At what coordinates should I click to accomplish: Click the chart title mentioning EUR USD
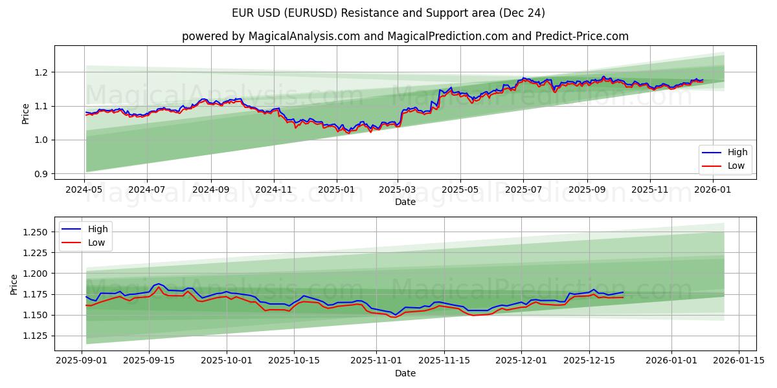pyautogui.click(x=388, y=13)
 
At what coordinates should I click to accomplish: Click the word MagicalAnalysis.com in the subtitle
pyautogui.click(x=304, y=36)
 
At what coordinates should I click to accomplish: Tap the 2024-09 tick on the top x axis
pyautogui.click(x=211, y=190)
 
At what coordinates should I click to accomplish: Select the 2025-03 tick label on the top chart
pyautogui.click(x=397, y=190)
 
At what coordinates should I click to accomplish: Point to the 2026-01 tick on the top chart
pyautogui.click(x=712, y=190)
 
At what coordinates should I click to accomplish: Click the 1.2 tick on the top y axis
pyautogui.click(x=39, y=72)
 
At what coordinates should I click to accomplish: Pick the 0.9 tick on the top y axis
pyautogui.click(x=39, y=174)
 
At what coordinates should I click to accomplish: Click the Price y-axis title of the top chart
pyautogui.click(x=25, y=114)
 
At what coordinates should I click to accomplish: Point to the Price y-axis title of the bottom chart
pyautogui.click(x=14, y=284)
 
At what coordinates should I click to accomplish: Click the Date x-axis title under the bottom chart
pyautogui.click(x=405, y=373)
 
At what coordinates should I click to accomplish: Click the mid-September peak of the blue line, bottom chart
pyautogui.click(x=158, y=283)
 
